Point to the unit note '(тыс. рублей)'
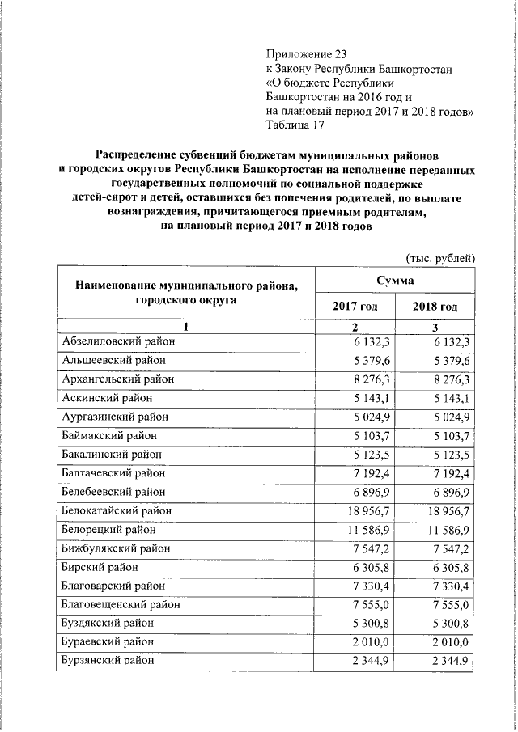439,258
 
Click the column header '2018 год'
435,307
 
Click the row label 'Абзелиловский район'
117,342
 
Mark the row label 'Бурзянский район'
108,661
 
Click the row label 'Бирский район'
100,567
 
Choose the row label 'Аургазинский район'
115,417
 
